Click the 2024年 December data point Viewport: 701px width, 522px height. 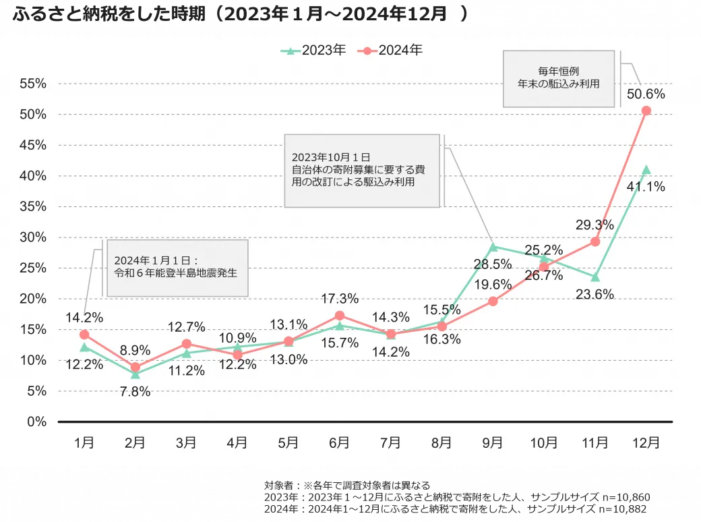[646, 111]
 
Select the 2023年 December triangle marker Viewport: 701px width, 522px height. [646, 169]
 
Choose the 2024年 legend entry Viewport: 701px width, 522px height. [392, 50]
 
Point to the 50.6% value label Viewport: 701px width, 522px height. [646, 94]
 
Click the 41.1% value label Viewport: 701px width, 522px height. [646, 187]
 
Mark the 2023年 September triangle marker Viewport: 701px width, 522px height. [493, 247]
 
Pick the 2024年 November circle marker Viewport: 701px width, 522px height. [595, 241]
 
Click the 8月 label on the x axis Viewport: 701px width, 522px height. [441, 443]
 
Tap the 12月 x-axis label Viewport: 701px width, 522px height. [646, 443]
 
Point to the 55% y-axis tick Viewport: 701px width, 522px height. [33, 84]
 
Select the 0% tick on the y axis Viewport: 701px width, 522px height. [37, 422]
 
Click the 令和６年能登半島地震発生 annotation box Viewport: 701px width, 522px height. [177, 267]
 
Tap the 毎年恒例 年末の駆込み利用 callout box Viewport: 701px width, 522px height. [559, 78]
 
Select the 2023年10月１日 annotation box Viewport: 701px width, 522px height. [362, 170]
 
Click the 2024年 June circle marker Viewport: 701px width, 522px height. [339, 316]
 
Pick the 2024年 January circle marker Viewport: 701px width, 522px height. [84, 335]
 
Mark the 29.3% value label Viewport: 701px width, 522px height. [595, 225]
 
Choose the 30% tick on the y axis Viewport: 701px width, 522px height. [33, 237]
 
